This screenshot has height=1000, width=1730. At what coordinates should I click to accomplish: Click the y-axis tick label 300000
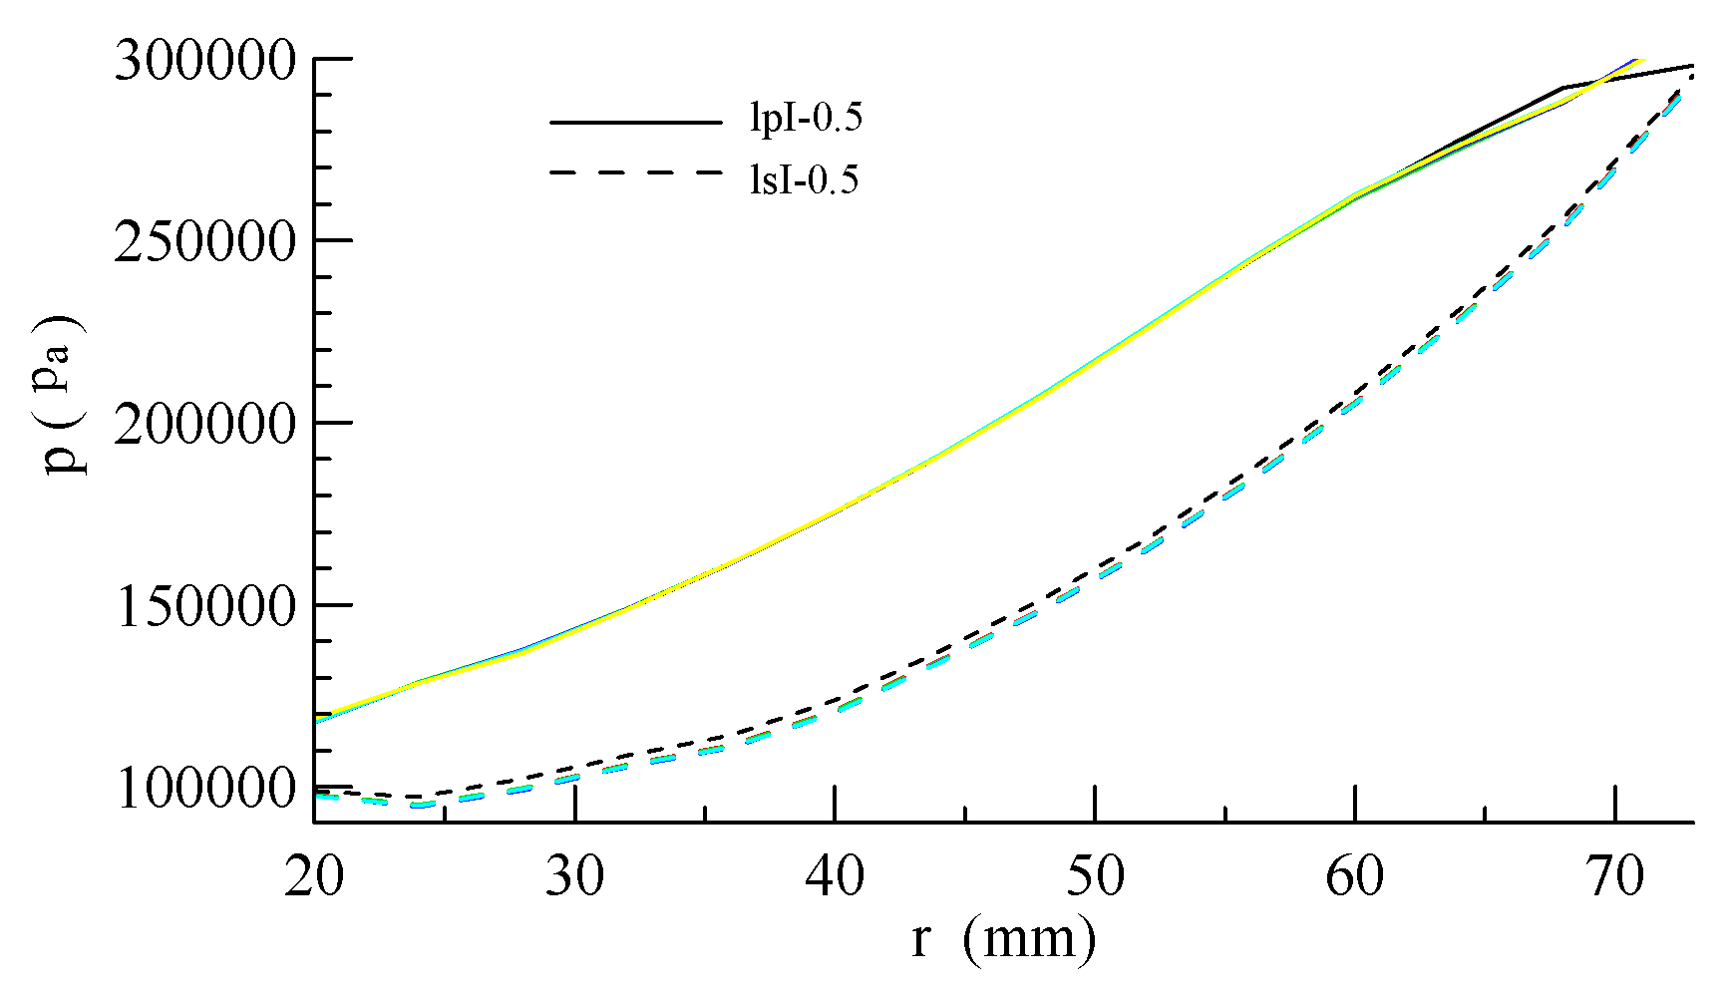pyautogui.click(x=205, y=61)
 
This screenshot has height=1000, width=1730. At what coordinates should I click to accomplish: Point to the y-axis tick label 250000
pyautogui.click(x=205, y=242)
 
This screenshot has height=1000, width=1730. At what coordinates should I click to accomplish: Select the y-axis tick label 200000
pyautogui.click(x=205, y=425)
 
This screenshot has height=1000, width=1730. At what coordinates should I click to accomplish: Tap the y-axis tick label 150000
pyautogui.click(x=205, y=606)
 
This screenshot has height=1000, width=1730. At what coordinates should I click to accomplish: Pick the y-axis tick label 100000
pyautogui.click(x=205, y=789)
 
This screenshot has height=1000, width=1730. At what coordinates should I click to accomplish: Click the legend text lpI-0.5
pyautogui.click(x=806, y=120)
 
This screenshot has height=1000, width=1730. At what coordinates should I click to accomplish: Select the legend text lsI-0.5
pyautogui.click(x=804, y=180)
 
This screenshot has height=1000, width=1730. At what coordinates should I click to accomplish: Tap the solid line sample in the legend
pyautogui.click(x=635, y=122)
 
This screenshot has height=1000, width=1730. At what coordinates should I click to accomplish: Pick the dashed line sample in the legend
pyautogui.click(x=635, y=173)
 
